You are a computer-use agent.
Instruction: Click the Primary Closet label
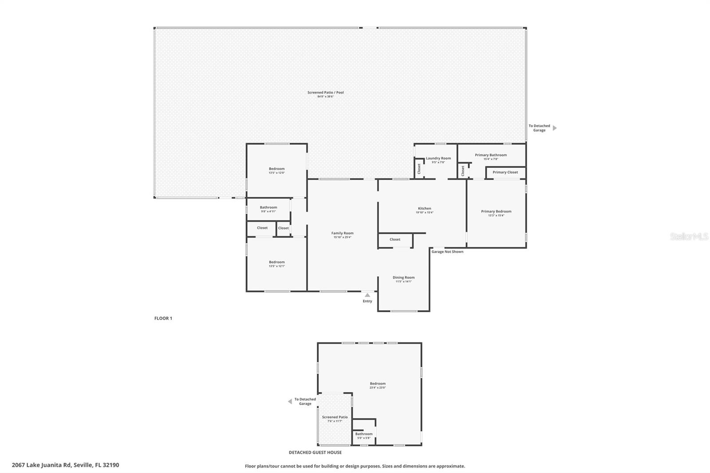[x=505, y=172]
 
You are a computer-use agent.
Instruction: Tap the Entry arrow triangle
[x=367, y=295]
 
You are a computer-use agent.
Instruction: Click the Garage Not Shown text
[x=447, y=252]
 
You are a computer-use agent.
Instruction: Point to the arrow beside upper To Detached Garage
[x=554, y=128]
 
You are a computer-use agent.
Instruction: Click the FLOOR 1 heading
[x=163, y=318]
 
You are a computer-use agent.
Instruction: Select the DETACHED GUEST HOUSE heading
[x=315, y=453]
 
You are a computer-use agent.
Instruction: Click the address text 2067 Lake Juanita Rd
[x=65, y=465]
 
